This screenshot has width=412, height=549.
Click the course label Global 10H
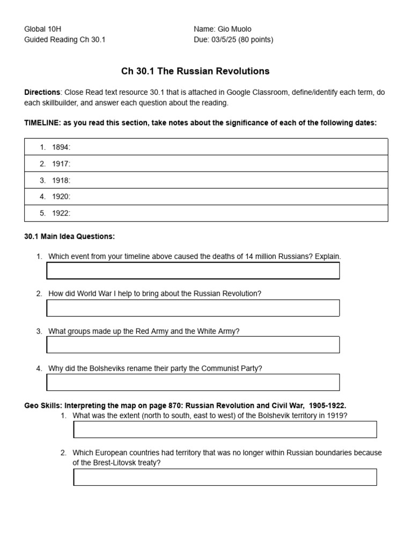(46, 29)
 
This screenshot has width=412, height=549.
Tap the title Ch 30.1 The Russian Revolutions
(195, 71)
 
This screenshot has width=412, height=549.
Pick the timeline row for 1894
(206, 147)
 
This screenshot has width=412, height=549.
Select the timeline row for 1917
(206, 164)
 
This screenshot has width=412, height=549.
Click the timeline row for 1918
(206, 180)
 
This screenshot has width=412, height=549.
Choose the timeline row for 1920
(206, 197)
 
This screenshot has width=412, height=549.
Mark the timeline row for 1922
(206, 213)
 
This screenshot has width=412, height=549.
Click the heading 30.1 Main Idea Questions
(69, 236)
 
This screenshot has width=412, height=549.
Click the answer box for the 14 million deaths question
(193, 271)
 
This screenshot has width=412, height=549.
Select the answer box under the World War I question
(193, 308)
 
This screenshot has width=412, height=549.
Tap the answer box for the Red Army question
(193, 345)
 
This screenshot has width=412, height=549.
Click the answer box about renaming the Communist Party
(193, 382)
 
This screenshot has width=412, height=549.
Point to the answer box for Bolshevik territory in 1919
(225, 429)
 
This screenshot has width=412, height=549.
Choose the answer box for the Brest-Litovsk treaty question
(225, 477)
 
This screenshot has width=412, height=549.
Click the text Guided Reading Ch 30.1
(65, 40)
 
